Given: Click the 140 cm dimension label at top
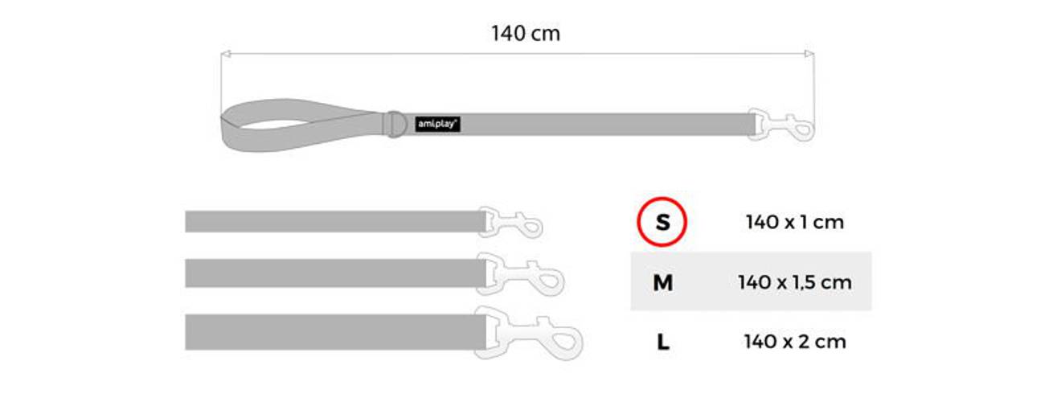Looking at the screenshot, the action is [x=526, y=34].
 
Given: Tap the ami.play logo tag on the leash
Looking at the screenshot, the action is [x=438, y=124].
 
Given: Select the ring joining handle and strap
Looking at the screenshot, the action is [x=396, y=124].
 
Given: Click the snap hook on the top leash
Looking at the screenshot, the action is [x=781, y=125].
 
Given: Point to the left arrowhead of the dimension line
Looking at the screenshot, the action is [x=226, y=54].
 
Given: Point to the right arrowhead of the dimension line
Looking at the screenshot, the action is [x=809, y=54].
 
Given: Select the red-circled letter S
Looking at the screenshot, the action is [x=662, y=222].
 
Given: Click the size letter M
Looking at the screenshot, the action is [x=662, y=283].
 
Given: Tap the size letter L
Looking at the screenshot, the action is [x=663, y=342].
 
